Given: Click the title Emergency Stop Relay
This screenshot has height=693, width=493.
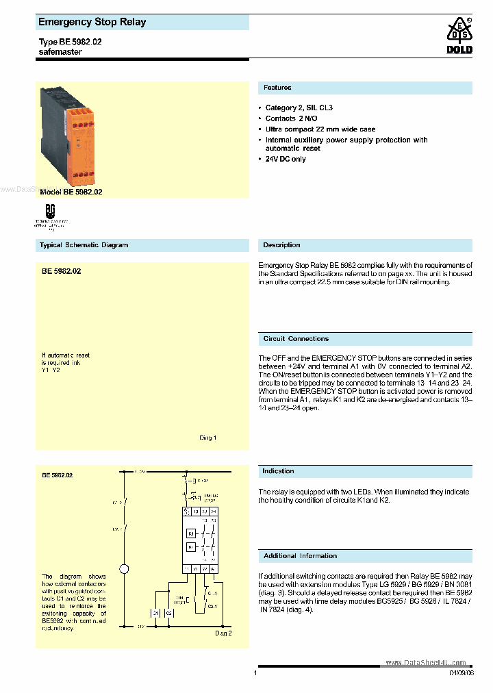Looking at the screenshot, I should pos(92,23).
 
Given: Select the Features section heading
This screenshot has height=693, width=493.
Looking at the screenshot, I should pos(277,88).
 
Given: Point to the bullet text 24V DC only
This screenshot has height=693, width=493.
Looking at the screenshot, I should pos(286,159).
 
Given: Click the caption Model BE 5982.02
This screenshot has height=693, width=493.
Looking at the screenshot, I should pos(71,192).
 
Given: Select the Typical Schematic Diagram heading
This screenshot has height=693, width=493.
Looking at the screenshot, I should pos(84,245).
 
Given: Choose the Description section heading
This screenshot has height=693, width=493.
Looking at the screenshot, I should pos(281,245).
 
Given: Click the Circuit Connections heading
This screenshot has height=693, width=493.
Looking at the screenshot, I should pos(296,339).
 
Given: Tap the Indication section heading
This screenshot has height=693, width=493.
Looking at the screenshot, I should pos(278,471).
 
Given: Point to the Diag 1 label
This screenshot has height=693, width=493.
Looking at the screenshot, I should pos(207,438).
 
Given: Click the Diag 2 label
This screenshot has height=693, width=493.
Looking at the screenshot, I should pos(223,633).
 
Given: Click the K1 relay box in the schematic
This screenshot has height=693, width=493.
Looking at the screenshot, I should pos(192,532).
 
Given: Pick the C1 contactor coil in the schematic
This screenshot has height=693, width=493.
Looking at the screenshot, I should pos(156,613).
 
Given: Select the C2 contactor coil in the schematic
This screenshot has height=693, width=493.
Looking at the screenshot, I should pos(168,613).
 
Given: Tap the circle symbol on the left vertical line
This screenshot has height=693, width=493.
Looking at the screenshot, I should pos(124,568).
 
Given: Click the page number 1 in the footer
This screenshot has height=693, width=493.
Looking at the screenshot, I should pos(255,673).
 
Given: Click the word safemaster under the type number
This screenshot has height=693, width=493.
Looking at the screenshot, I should pos(60,52).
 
